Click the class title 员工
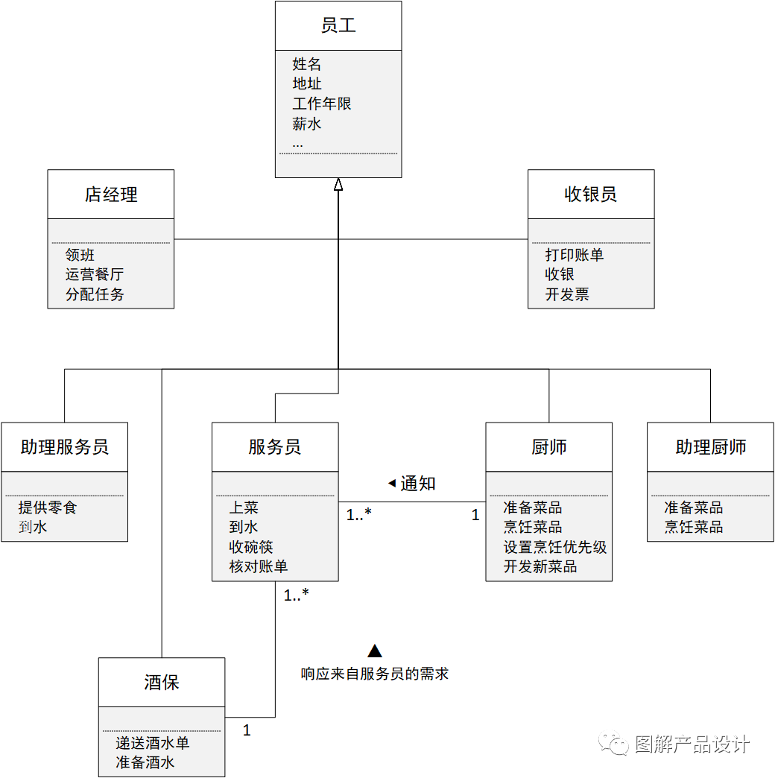pos(338,25)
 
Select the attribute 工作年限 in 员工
pos(322,104)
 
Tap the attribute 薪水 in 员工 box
pos(307,124)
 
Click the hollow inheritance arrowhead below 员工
pos(338,185)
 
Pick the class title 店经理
pos(111,195)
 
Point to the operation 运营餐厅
pos(95,274)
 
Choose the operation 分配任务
pos(95,294)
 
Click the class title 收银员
pos(591,195)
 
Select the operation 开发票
pos(567,294)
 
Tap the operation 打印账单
pos(575,255)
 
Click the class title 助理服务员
pos(65,447)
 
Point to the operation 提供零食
pos(48,507)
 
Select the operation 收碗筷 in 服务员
pos(251,547)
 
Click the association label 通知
pos(417,484)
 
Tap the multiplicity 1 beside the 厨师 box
pos(475,515)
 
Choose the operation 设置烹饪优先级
pos(555,547)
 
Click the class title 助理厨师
pos(711,447)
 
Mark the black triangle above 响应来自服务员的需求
pos(375,651)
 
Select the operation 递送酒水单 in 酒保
pos(153,743)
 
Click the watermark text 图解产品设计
pos(692,744)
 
